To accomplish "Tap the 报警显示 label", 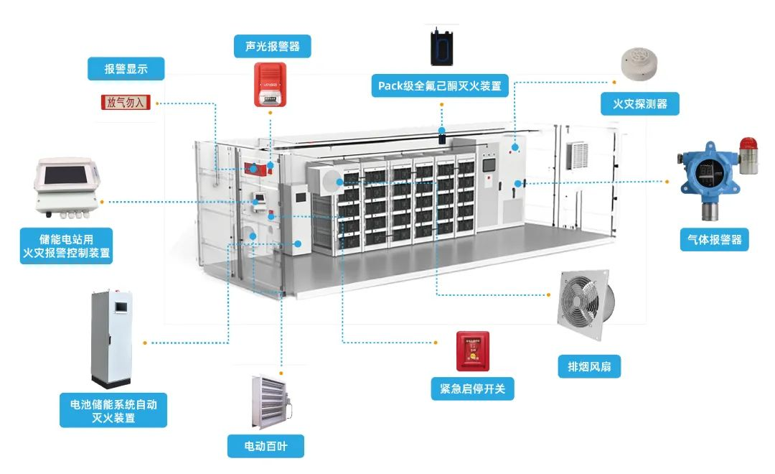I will coord(126,69).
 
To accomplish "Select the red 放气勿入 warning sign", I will coord(126,102).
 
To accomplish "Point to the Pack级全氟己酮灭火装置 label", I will coord(440,86).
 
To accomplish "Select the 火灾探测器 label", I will coord(639,103).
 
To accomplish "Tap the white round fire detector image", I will coord(640,60).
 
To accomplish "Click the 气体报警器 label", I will coord(713,239).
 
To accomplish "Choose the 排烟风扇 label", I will coord(589,367).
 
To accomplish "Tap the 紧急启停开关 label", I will coord(472,389).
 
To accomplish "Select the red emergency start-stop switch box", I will coord(473,351).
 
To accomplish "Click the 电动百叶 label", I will coord(266,446).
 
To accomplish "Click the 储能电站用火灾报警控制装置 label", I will coord(67,245).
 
